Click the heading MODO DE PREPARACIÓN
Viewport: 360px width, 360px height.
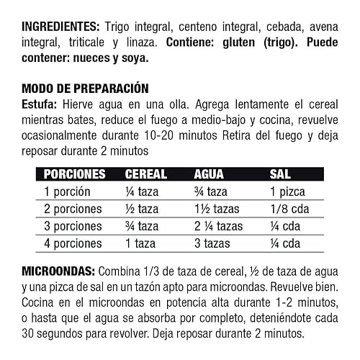85,89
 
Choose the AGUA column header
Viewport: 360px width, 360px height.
211,174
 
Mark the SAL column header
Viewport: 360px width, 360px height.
280,174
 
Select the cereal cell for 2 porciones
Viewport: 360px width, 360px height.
142,209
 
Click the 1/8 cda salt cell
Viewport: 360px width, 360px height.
285,209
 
